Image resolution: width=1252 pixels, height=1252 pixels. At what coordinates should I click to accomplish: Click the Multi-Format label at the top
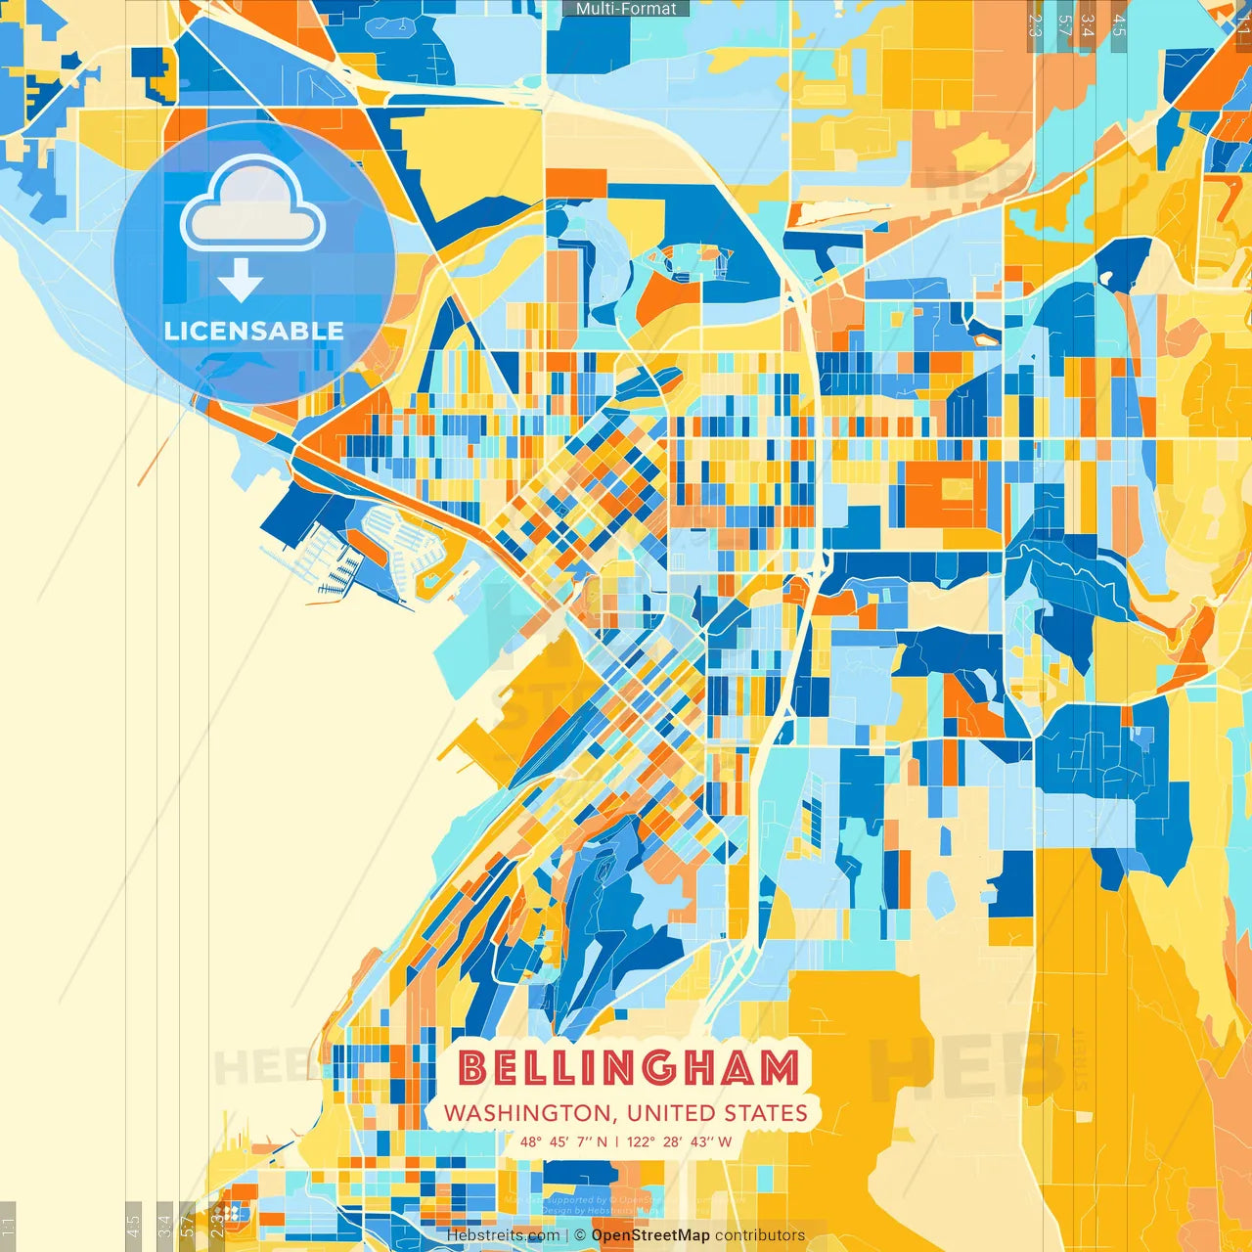pyautogui.click(x=626, y=9)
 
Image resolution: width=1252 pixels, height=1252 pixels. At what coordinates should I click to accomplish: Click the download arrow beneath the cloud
pyautogui.click(x=240, y=281)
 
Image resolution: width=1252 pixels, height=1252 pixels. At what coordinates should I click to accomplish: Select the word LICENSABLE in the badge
pyautogui.click(x=254, y=331)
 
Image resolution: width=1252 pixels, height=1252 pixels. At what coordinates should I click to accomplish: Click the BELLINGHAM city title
pyautogui.click(x=629, y=1068)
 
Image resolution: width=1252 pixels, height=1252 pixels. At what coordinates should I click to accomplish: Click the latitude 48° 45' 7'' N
pyautogui.click(x=563, y=1141)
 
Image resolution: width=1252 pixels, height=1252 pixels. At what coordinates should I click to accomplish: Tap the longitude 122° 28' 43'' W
pyautogui.click(x=679, y=1141)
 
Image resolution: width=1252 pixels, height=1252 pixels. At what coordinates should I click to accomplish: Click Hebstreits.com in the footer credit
pyautogui.click(x=503, y=1235)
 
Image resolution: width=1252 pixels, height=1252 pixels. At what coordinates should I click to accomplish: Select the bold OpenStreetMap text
pyautogui.click(x=650, y=1235)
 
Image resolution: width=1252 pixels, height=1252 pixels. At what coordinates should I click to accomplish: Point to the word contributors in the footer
pyautogui.click(x=760, y=1235)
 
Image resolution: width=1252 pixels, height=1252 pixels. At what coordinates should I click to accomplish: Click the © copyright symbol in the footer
pyautogui.click(x=580, y=1235)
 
